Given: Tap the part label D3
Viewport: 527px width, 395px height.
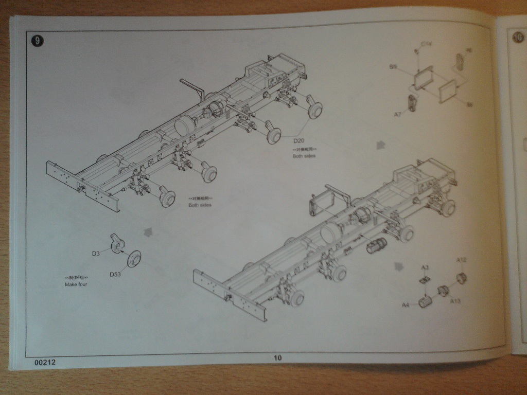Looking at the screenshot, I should pyautogui.click(x=96, y=254).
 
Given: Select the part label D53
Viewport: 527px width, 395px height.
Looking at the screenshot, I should pyautogui.click(x=115, y=274).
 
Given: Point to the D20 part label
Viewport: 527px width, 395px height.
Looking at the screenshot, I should pyautogui.click(x=300, y=141).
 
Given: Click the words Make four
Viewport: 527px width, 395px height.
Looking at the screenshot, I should pyautogui.click(x=76, y=284).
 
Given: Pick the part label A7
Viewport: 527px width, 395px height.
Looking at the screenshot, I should pyautogui.click(x=398, y=114).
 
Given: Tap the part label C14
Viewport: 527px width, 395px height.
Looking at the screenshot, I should pyautogui.click(x=426, y=45).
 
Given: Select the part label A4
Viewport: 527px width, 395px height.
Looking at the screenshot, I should pyautogui.click(x=406, y=305).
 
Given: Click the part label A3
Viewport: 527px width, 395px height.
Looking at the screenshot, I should pyautogui.click(x=425, y=267).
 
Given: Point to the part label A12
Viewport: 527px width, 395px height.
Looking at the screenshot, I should pyautogui.click(x=461, y=260).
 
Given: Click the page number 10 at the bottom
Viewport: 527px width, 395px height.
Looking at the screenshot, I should pyautogui.click(x=278, y=358).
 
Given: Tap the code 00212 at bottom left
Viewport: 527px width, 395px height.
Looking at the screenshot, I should pyautogui.click(x=45, y=362).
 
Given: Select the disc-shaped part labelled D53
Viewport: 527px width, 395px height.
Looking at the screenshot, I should pyautogui.click(x=135, y=258).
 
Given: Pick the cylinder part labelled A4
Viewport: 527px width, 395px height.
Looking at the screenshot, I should pyautogui.click(x=425, y=302).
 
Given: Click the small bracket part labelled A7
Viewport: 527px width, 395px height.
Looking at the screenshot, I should pyautogui.click(x=413, y=102).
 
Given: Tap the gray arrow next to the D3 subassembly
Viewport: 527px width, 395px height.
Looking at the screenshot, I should pyautogui.click(x=149, y=232).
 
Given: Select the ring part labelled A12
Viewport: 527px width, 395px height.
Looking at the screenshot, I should pyautogui.click(x=461, y=278).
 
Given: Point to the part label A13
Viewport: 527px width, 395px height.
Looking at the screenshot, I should pyautogui.click(x=455, y=301).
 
